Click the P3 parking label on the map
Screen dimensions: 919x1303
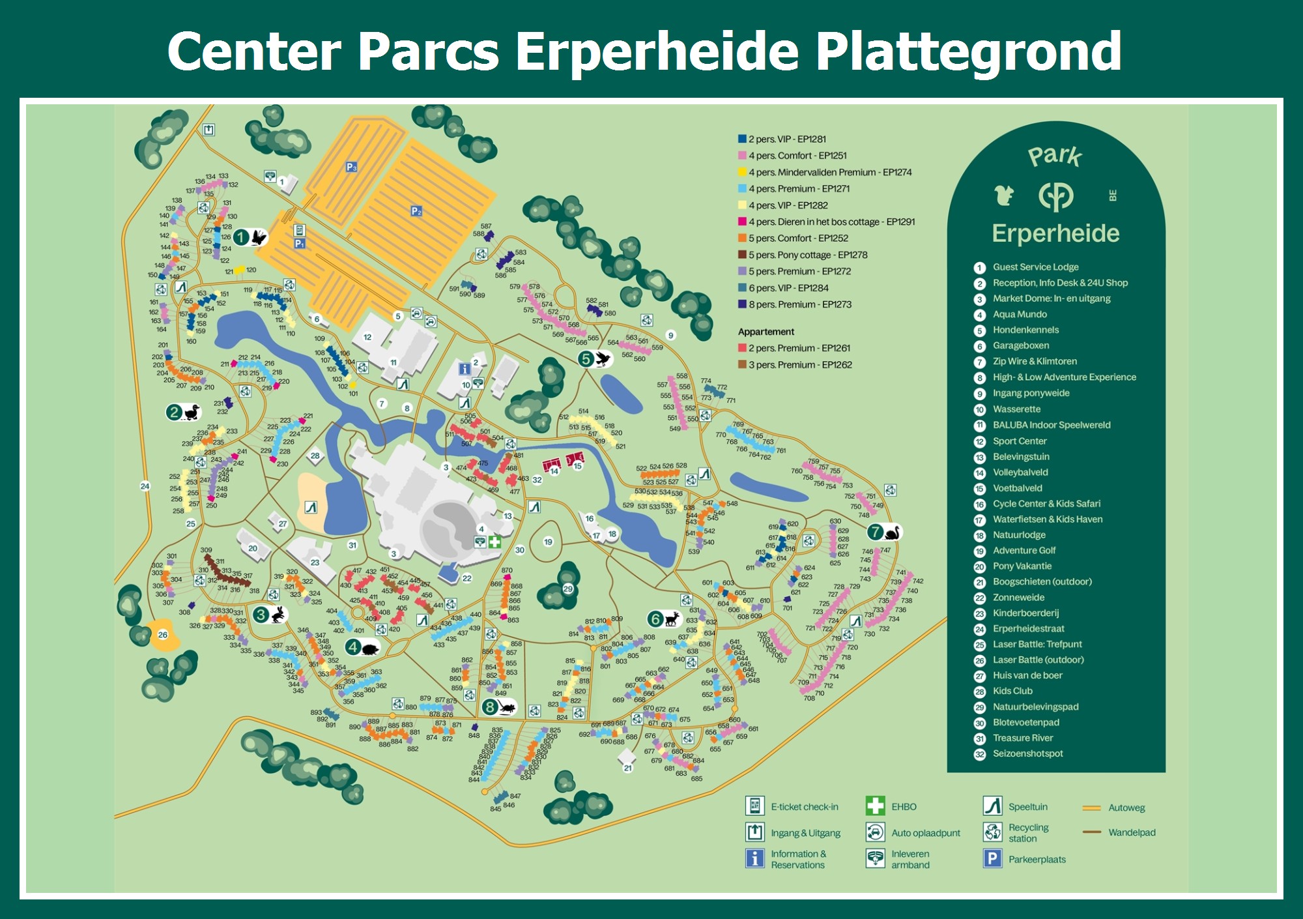click(x=352, y=167)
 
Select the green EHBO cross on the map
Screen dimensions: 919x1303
click(x=495, y=542)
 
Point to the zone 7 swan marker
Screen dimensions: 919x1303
click(x=884, y=532)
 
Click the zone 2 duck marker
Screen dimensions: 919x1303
click(x=183, y=412)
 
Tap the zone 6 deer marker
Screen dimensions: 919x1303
click(x=664, y=619)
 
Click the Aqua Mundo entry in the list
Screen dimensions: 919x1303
click(x=1020, y=314)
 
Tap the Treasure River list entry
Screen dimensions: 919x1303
click(x=1022, y=738)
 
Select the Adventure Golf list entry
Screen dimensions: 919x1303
click(x=1024, y=550)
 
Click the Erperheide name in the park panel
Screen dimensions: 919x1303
click(x=1055, y=233)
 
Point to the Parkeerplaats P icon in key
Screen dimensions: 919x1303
click(x=992, y=859)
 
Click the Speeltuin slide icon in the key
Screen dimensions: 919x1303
click(x=992, y=806)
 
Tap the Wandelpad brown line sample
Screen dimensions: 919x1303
click(x=1092, y=832)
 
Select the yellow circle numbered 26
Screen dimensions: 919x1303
click(x=163, y=634)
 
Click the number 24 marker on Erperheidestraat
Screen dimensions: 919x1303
click(x=145, y=486)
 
